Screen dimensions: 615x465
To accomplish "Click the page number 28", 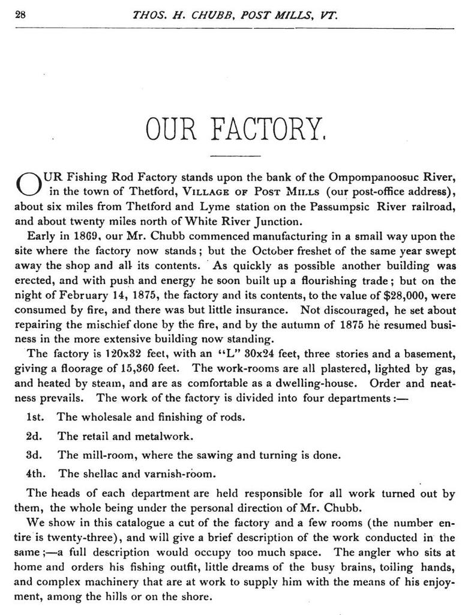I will pyautogui.click(x=19, y=16).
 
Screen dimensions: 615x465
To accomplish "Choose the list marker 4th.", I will pyautogui.click(x=37, y=473).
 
